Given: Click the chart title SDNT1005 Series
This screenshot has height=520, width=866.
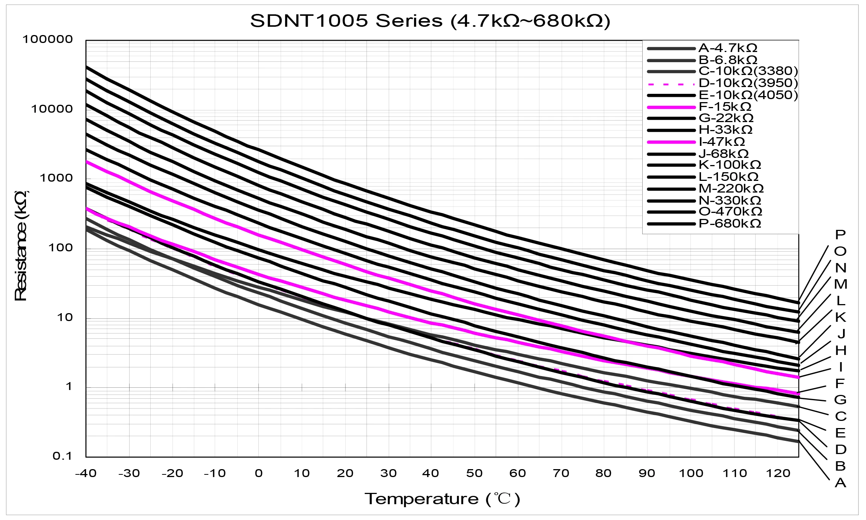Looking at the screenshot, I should click(x=430, y=21).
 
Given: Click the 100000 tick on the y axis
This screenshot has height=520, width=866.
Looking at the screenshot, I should click(x=48, y=39).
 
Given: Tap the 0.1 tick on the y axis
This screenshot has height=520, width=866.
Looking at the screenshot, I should click(x=62, y=456).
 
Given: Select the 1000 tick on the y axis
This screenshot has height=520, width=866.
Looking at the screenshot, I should click(x=56, y=178).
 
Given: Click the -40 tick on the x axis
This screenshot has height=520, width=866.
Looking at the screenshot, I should click(x=86, y=473).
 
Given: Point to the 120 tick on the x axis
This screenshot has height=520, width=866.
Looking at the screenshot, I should click(x=778, y=473).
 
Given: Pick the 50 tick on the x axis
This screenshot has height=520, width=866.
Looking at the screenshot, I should click(x=474, y=473).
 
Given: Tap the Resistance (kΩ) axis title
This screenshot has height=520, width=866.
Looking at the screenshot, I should click(x=21, y=246).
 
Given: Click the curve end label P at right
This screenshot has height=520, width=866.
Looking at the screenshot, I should click(x=840, y=235).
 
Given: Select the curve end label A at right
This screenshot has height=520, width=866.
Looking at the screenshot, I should click(x=840, y=483).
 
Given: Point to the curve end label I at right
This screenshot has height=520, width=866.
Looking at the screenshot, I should click(x=840, y=367).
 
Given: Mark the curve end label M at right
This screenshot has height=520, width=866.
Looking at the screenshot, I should click(x=840, y=284).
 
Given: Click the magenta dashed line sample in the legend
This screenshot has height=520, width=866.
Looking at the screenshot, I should click(x=671, y=84).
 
